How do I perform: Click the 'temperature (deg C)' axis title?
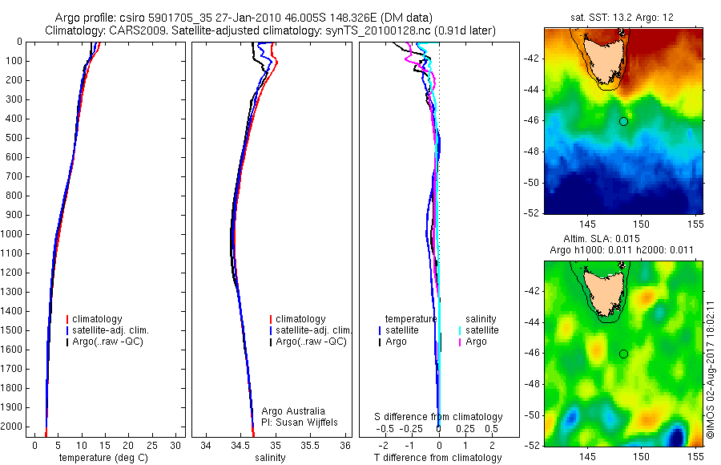pos(100,458)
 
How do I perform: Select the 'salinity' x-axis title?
pos(270,458)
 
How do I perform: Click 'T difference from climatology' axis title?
pos(438,458)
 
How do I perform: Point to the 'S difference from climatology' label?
pos(438,417)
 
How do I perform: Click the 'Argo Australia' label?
pos(293,411)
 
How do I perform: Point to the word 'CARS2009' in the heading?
pos(133,30)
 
